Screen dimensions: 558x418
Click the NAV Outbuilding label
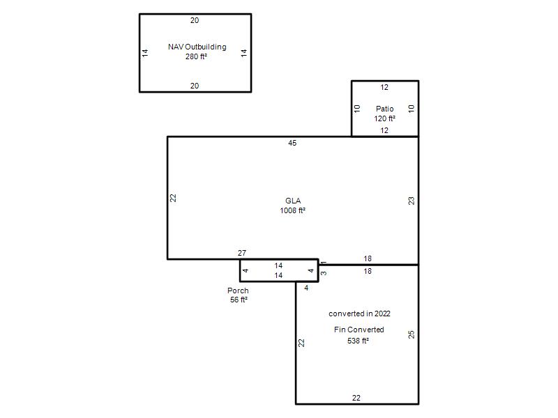(x=197, y=47)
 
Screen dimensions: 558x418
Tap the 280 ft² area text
(x=196, y=56)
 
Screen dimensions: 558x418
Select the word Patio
(x=385, y=109)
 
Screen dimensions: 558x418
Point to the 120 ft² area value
(x=385, y=118)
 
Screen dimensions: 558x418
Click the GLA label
(x=293, y=201)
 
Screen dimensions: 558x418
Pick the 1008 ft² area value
(x=292, y=210)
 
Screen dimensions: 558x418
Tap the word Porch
(x=238, y=291)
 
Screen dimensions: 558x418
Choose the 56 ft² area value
(x=239, y=300)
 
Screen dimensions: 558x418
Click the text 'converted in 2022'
(x=359, y=313)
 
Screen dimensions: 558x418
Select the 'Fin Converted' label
(x=359, y=330)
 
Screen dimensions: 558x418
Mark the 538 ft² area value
(x=358, y=341)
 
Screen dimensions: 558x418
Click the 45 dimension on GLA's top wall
(x=292, y=143)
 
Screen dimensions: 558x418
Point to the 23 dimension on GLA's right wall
(x=412, y=201)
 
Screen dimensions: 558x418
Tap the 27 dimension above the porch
(x=242, y=253)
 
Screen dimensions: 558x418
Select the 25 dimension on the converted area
(x=412, y=334)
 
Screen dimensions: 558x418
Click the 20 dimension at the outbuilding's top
(x=195, y=21)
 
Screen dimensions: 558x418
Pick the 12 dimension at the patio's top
(x=384, y=88)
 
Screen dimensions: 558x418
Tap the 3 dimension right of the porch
(x=324, y=273)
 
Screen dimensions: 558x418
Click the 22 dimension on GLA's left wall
(x=173, y=198)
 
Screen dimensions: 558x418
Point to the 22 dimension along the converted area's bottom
(x=356, y=398)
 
